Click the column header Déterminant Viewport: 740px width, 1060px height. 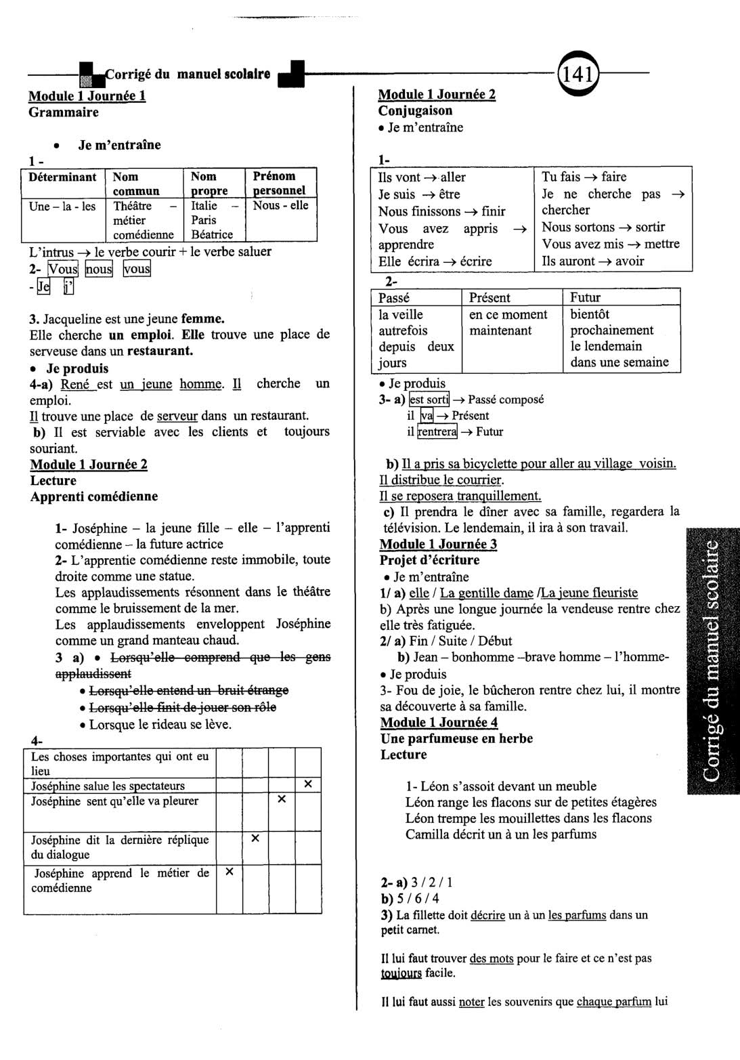[x=63, y=177]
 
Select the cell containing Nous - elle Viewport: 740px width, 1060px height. [x=280, y=206]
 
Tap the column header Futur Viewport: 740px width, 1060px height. [x=585, y=297]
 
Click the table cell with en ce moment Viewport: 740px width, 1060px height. [x=508, y=314]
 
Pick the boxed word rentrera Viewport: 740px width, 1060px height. [x=437, y=431]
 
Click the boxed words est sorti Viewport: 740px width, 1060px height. [x=429, y=400]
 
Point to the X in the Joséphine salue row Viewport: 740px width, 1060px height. [x=308, y=784]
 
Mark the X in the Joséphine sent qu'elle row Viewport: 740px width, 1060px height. [x=282, y=800]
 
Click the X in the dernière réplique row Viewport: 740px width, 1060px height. [x=255, y=839]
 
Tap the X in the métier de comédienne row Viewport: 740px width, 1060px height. [x=229, y=872]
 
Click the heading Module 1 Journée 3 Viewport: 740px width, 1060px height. [x=438, y=544]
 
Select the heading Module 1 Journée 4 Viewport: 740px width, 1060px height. [x=439, y=723]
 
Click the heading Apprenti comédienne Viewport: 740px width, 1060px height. [x=94, y=496]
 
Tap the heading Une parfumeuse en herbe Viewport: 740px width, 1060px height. [x=456, y=738]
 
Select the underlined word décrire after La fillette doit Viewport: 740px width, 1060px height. [x=487, y=915]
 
